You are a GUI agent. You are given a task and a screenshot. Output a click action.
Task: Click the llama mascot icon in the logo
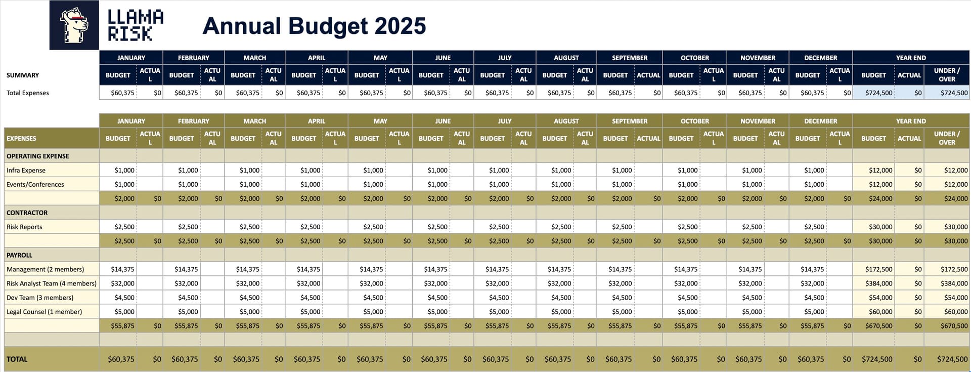74,25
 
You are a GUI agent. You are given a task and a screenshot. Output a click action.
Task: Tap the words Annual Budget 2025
314,26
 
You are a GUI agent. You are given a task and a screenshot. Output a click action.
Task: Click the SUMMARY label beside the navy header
23,75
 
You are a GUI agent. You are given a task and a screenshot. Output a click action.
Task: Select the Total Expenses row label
28,93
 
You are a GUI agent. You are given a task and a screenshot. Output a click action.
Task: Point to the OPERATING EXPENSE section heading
38,156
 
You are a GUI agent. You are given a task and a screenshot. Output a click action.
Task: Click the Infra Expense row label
26,171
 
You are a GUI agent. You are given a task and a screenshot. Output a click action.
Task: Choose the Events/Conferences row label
35,185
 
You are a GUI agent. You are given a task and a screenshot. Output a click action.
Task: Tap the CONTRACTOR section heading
27,213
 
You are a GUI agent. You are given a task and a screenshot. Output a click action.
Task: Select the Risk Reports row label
24,227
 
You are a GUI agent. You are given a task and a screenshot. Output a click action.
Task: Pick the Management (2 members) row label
46,270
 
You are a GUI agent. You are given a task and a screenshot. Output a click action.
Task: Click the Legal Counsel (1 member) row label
45,312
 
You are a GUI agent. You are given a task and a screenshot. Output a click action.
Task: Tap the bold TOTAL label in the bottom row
17,359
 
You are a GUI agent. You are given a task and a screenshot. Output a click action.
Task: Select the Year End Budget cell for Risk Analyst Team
878,284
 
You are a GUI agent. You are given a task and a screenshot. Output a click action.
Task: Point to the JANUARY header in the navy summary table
131,58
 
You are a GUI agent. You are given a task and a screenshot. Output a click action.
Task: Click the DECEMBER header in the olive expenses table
821,121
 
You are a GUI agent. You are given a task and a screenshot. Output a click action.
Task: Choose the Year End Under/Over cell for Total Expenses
947,93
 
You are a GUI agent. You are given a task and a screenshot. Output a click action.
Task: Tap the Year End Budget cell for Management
878,270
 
